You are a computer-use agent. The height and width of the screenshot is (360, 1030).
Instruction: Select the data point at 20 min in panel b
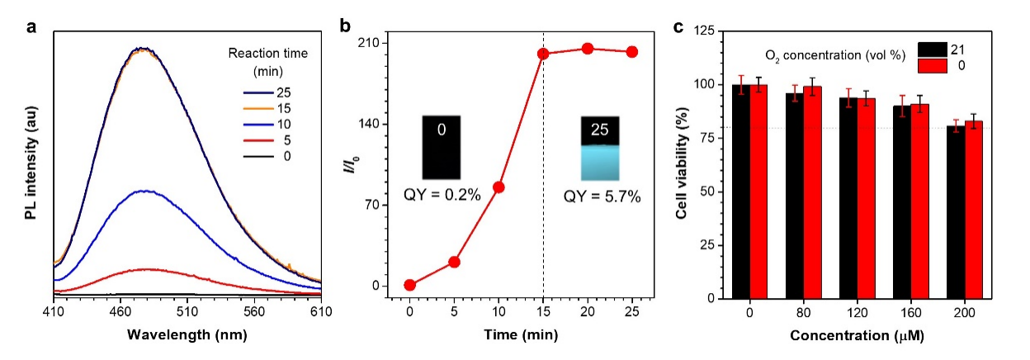click(x=588, y=49)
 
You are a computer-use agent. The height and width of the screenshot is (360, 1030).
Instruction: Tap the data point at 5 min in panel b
click(x=454, y=262)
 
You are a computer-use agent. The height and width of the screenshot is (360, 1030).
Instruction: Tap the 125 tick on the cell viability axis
click(x=703, y=31)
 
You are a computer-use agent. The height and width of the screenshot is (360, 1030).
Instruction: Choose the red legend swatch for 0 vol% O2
click(x=931, y=64)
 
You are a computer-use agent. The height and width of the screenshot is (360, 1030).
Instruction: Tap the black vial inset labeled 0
click(x=442, y=147)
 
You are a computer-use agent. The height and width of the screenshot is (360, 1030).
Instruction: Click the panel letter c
click(x=678, y=26)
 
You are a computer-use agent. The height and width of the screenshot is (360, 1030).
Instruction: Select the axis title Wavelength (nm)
click(x=187, y=335)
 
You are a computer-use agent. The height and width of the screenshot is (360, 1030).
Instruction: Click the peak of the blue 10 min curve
click(x=145, y=191)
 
